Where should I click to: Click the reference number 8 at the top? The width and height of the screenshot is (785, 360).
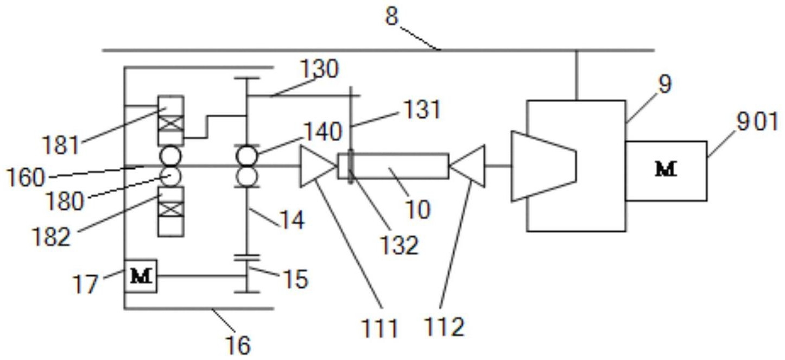coord(392,16)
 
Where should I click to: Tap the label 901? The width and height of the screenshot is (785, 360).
coord(757,122)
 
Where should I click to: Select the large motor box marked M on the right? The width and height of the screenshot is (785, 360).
coord(666,170)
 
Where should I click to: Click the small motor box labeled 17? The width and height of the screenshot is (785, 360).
coord(141,276)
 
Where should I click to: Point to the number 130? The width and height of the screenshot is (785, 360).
coord(320,69)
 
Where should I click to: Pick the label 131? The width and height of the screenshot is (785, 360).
coord(422,110)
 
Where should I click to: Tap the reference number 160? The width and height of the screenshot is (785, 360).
coord(26,178)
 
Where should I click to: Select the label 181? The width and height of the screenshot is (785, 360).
coord(60,145)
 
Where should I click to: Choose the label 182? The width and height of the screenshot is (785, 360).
coord(51,237)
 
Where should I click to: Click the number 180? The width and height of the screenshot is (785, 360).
coord(65,201)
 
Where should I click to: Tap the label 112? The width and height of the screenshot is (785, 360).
coord(445,327)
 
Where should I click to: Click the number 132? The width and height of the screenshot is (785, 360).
coord(400,245)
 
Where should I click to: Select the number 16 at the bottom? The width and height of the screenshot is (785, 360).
coord(239,345)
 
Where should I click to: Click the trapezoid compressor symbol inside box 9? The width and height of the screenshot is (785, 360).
coord(543,166)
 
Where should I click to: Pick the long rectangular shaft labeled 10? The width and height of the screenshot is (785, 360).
coord(393,166)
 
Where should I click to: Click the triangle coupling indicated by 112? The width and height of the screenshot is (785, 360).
coord(468,166)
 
